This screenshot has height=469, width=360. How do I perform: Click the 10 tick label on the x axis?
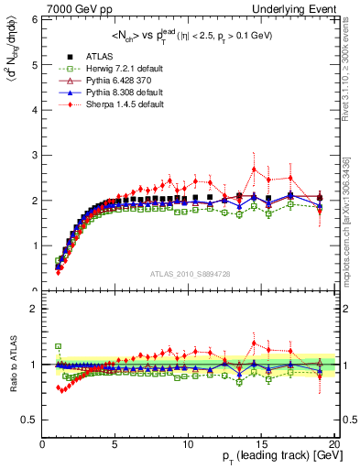[188, 444]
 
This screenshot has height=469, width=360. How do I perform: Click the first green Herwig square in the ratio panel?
[57, 347]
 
